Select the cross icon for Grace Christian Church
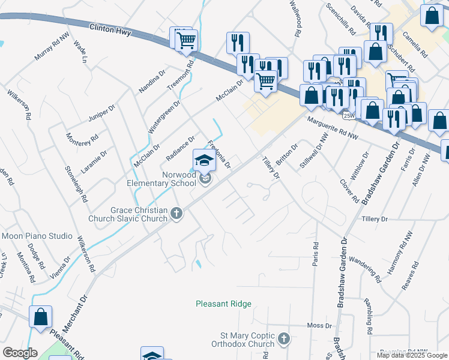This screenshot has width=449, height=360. (176, 213)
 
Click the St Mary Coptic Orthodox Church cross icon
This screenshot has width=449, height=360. (284, 340)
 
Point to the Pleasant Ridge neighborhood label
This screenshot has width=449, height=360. (223, 304)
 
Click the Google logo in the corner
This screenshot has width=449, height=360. (20, 353)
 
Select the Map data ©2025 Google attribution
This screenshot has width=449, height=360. (412, 355)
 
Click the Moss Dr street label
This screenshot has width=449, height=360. (319, 325)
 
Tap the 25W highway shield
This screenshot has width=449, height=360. (349, 112)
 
